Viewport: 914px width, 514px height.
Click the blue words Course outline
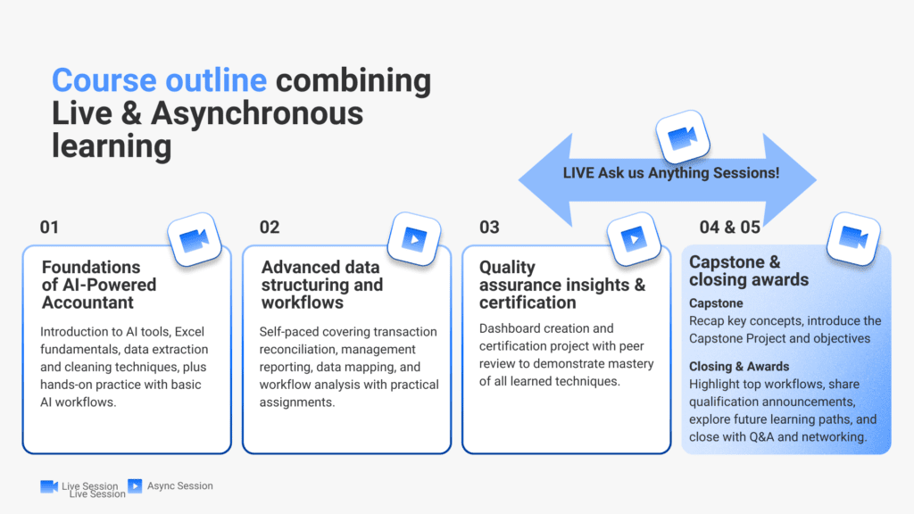coord(159,79)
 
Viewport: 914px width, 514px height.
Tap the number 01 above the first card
coord(50,228)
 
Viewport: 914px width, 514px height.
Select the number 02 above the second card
coord(270,228)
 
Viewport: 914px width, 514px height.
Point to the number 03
coord(490,228)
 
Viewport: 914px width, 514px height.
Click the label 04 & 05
coord(730,228)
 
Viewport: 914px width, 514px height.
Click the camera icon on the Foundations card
coord(195,239)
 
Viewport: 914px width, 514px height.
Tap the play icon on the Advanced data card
coord(414,239)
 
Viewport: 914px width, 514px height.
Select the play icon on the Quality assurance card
coord(634,239)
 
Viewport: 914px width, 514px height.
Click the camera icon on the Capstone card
coord(853,239)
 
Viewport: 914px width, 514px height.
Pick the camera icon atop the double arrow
coord(683,137)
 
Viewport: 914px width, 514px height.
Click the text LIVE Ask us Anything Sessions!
coord(671,173)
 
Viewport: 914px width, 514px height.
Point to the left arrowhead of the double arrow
coord(545,180)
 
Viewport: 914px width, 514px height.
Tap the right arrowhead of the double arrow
coord(790,180)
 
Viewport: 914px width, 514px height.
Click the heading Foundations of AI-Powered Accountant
coord(99,285)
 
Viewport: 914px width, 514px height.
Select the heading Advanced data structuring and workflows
coord(321,285)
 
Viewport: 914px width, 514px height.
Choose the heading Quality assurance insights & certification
coord(562,285)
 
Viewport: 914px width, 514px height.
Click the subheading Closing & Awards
coord(739,367)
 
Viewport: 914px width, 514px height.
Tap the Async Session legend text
coord(180,486)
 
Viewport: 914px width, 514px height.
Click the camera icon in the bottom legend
coord(49,486)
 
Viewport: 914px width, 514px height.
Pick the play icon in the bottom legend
coord(136,486)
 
